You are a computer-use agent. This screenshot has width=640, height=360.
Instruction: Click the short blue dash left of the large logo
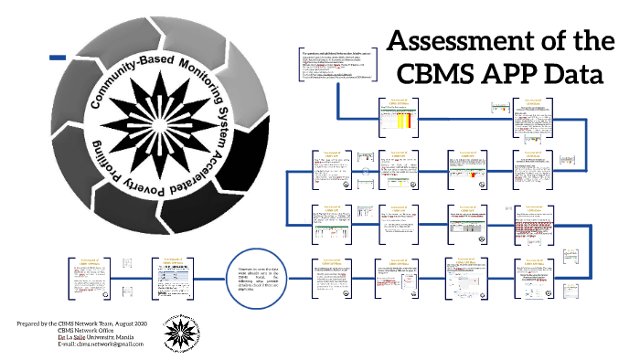click(x=57, y=58)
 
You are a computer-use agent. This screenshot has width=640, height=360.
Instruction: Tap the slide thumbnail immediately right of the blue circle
click(x=329, y=278)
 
